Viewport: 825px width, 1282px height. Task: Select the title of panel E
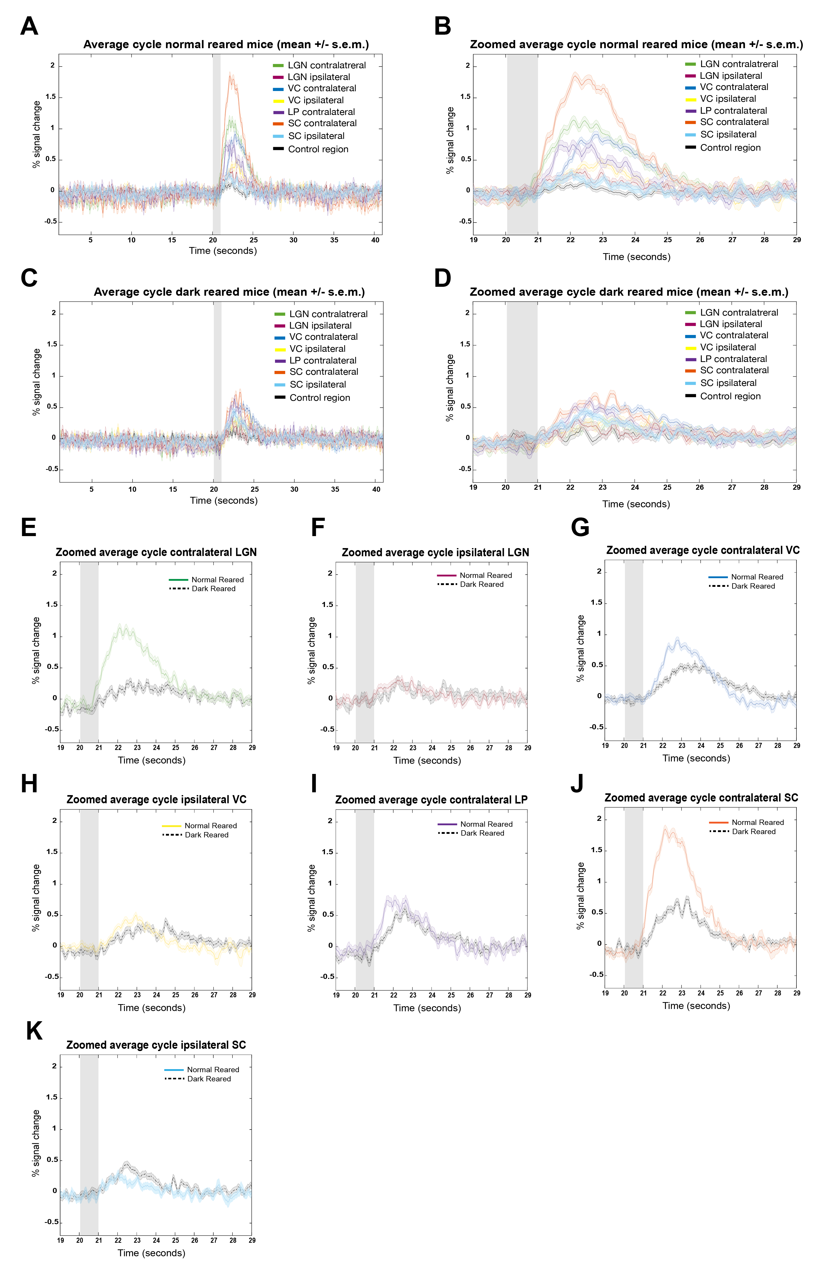(156, 552)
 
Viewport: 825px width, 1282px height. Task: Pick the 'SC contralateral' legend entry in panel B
(734, 122)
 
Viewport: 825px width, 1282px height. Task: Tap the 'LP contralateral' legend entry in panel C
(322, 360)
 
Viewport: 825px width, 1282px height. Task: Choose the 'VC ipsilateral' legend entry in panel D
(727, 347)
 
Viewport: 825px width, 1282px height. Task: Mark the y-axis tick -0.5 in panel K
(52, 1222)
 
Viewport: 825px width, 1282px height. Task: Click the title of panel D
(629, 292)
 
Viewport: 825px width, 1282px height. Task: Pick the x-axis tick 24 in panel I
(432, 995)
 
